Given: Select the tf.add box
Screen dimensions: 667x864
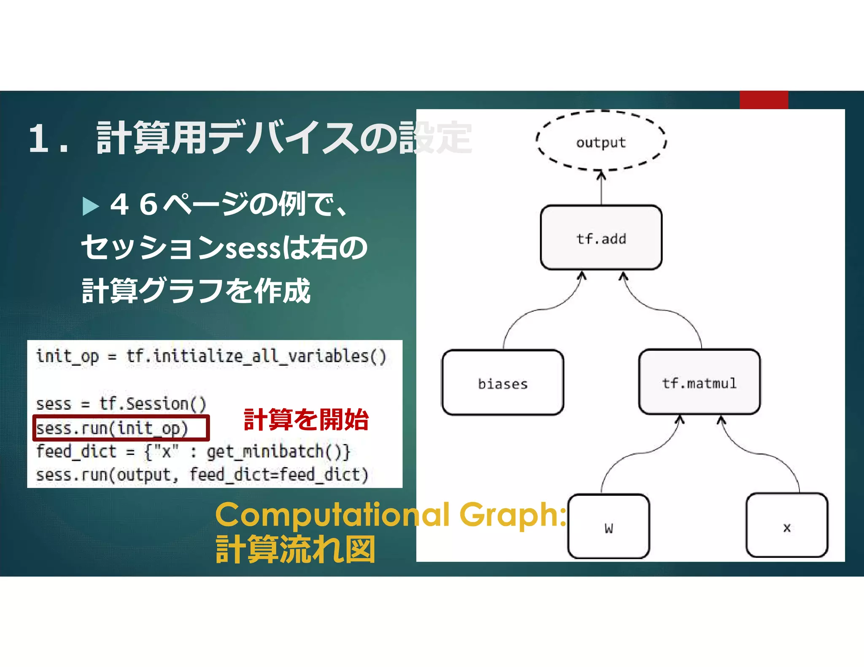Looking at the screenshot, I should pos(601,237).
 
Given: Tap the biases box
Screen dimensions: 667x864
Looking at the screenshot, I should pos(502,382).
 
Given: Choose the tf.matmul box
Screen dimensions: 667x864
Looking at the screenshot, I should pos(699,382).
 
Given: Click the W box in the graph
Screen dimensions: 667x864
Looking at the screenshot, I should pos(608,527).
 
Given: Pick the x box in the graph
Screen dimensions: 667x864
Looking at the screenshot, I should pos(786,526).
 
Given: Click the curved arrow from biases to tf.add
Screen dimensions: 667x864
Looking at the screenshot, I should pos(544,309).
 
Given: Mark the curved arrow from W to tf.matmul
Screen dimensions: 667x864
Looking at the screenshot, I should pos(641,453).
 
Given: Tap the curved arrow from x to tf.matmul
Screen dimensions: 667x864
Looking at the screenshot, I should pos(759,454).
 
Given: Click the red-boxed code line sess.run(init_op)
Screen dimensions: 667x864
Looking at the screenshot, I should pos(112,428).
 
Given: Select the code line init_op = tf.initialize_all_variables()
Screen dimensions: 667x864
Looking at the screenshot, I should pos(211,356).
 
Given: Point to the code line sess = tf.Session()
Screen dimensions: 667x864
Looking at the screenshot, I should pos(121,404).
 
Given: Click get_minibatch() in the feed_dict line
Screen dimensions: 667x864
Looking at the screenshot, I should pos(278,452).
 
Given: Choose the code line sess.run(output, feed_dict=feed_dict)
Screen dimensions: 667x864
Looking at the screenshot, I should pos(202,475).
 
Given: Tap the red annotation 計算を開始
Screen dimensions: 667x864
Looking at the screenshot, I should pos(306,420).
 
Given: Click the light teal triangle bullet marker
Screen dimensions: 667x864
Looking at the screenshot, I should pos(90,206).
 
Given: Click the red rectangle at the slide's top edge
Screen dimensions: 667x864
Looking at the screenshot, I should pos(763,100).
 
